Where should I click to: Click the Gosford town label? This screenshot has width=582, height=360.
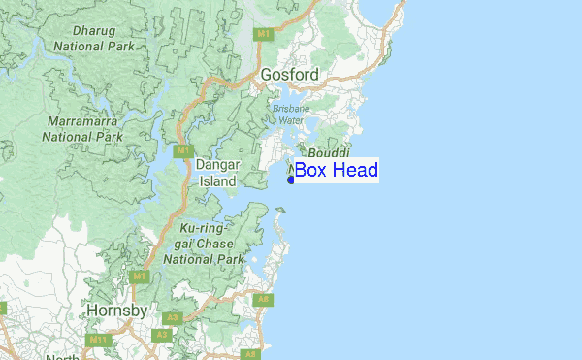click(x=289, y=75)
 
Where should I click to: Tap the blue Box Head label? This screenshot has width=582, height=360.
click(x=336, y=171)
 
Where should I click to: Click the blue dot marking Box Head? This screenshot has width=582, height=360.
click(x=290, y=179)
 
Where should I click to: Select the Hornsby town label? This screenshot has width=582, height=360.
click(x=116, y=311)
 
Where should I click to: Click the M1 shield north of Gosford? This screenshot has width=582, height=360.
click(x=263, y=34)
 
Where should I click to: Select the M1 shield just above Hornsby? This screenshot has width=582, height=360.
click(x=140, y=277)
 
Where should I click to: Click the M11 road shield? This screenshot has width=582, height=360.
click(x=96, y=340)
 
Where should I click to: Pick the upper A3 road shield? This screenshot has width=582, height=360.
click(x=172, y=317)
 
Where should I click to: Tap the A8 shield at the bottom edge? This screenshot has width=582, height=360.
click(x=250, y=354)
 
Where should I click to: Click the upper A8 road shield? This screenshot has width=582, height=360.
click(x=263, y=300)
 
